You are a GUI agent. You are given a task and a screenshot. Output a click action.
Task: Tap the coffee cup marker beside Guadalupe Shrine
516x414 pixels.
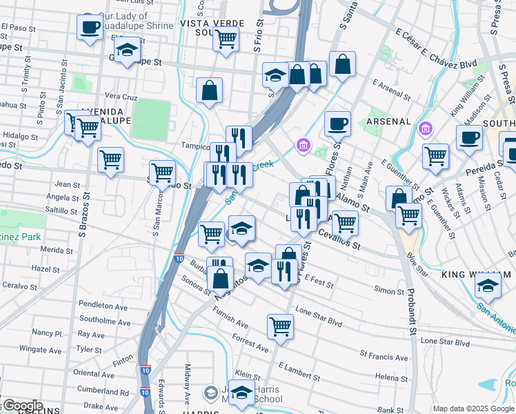click(x=89, y=28)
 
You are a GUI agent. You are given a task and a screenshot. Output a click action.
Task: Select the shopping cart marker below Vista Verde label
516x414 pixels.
click(x=226, y=39)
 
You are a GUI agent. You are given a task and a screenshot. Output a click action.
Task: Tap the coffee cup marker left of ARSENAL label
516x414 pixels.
click(x=337, y=124)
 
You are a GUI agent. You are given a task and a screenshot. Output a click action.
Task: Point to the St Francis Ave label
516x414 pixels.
click(x=383, y=356)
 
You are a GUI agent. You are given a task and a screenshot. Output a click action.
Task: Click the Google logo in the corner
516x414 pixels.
click(x=22, y=406)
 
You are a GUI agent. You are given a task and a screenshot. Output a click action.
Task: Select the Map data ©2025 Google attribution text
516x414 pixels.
click(x=473, y=408)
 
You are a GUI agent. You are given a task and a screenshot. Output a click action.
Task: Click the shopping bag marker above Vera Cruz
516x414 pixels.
click(x=209, y=91)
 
